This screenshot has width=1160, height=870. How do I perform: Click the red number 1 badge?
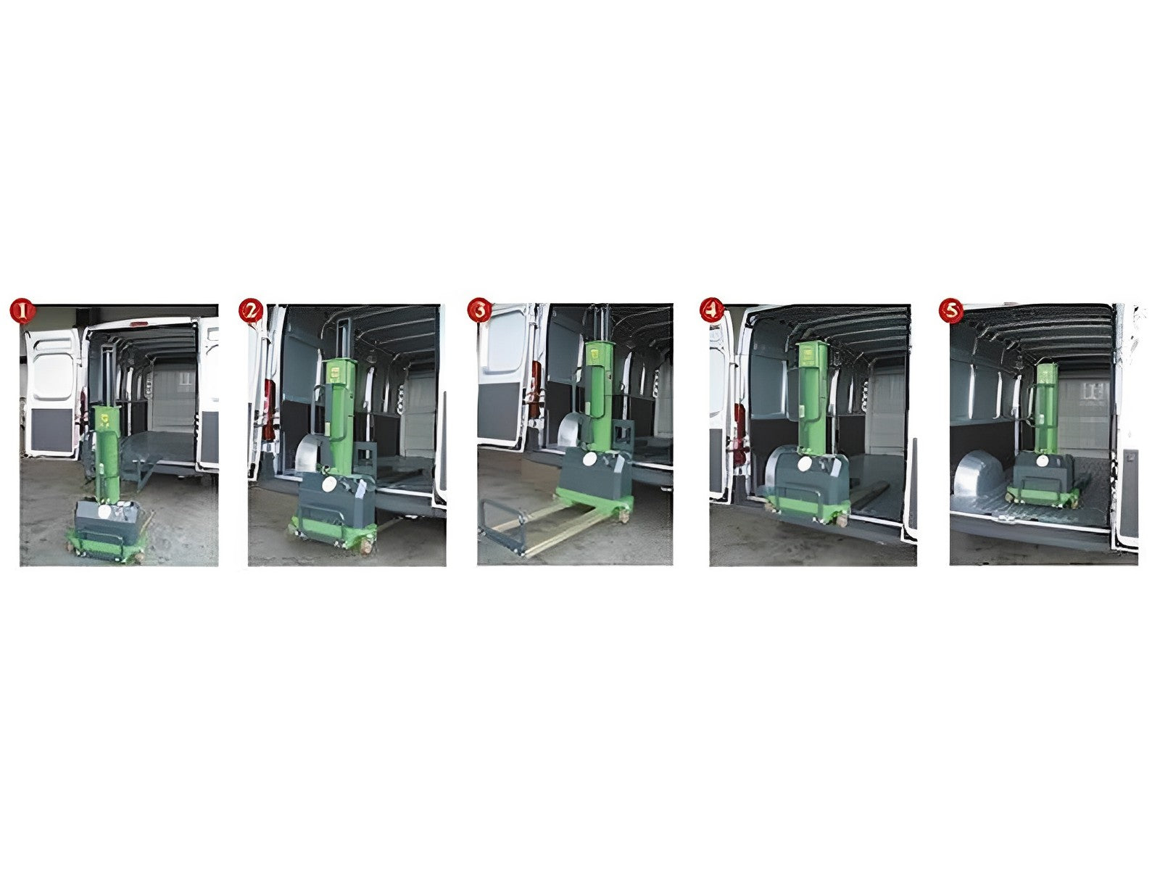pyautogui.click(x=22, y=311)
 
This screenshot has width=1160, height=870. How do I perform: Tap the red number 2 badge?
pyautogui.click(x=251, y=310)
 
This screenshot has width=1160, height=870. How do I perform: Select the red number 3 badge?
pyautogui.click(x=480, y=310)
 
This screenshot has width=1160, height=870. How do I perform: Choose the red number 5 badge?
pyautogui.click(x=951, y=310)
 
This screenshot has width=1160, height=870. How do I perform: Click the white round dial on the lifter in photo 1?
pyautogui.click(x=104, y=511)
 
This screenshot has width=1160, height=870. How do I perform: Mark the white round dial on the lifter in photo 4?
pyautogui.click(x=804, y=464)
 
